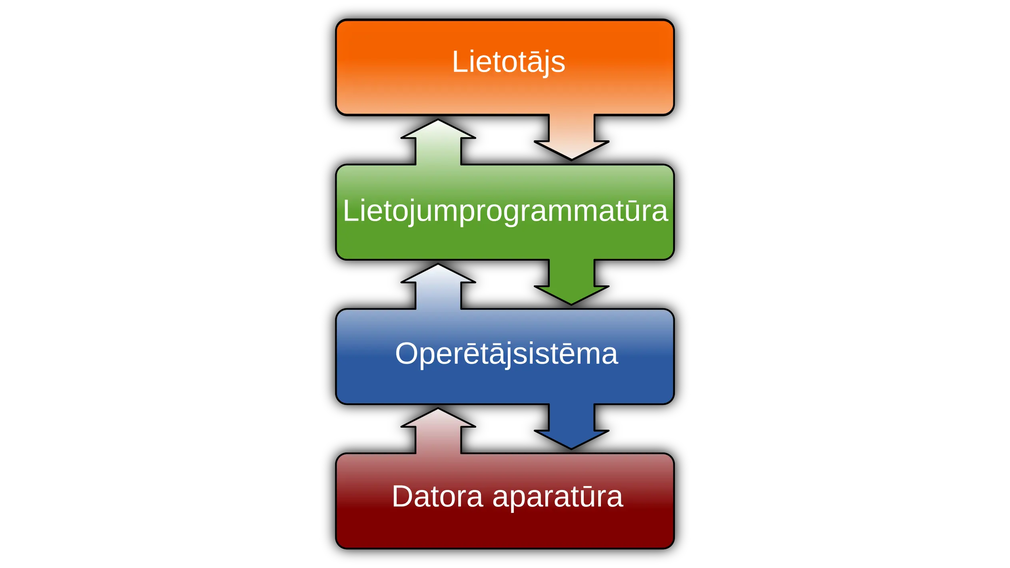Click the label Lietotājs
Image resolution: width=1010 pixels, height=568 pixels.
508,62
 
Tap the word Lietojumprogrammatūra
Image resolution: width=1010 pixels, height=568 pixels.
505,211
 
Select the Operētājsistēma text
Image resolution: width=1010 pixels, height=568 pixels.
506,354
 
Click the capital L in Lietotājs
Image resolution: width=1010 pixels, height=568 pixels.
459,62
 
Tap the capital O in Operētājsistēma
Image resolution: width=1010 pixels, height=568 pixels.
407,354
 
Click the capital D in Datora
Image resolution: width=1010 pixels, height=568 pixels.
403,496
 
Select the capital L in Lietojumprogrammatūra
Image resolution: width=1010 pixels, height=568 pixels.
350,211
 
